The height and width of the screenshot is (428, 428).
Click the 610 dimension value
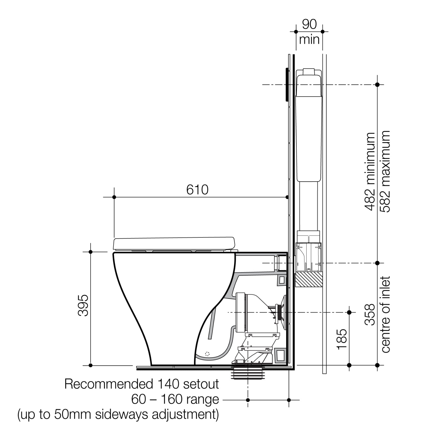point(197,190)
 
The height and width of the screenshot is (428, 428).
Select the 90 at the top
point(309,24)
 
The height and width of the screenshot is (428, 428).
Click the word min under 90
point(309,40)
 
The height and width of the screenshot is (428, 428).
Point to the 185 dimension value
point(342,339)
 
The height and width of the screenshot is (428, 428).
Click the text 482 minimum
point(370,171)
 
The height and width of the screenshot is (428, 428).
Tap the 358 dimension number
point(370,315)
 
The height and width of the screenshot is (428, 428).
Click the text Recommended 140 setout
point(142,384)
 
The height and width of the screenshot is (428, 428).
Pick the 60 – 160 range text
point(175,399)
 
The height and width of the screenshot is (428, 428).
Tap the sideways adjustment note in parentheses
point(118,414)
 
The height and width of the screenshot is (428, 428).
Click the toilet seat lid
point(174,243)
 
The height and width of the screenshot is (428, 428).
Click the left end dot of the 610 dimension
point(114,197)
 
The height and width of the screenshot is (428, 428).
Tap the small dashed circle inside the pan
point(207,354)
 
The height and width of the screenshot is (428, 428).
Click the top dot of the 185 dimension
point(349,312)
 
